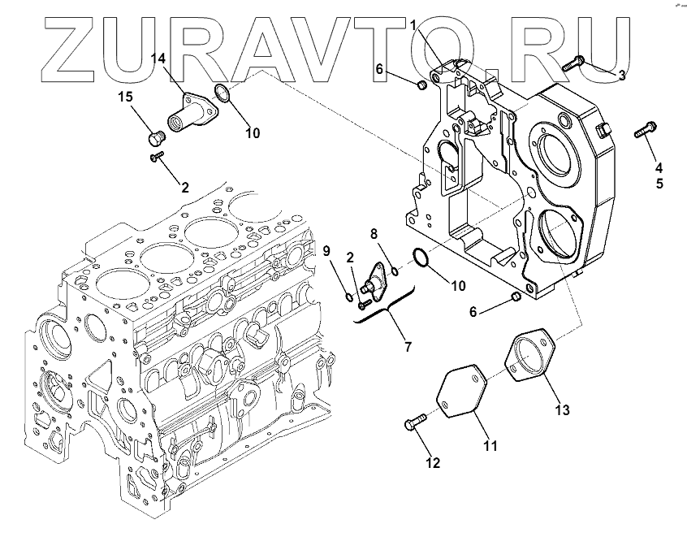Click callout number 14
coord(160,58)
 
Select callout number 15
coord(126,97)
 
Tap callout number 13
coord(563,409)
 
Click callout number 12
coord(433,463)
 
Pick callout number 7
coord(408,347)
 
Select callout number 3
coord(621,76)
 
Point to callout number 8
coord(374,234)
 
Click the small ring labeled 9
coord(348,297)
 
